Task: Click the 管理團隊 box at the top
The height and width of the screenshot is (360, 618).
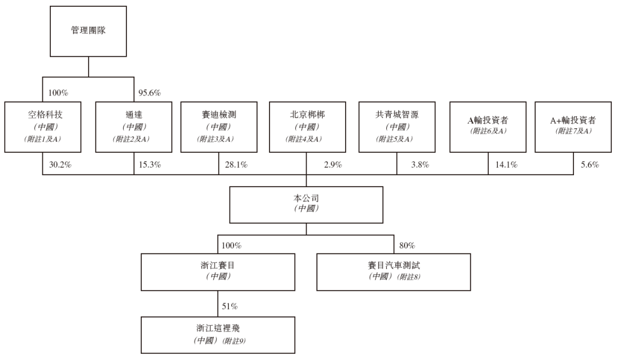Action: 88,31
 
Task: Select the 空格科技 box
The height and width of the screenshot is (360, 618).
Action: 43,127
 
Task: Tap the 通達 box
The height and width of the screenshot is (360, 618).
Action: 133,127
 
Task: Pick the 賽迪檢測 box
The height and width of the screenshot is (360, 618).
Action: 219,127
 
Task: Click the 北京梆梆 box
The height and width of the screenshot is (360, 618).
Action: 307,127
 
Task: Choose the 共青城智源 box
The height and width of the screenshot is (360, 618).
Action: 397,127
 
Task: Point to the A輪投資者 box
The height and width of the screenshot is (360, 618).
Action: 488,127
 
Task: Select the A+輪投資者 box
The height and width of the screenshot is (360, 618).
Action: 573,127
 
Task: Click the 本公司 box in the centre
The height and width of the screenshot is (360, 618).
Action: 306,205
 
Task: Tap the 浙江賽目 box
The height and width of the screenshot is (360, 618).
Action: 218,272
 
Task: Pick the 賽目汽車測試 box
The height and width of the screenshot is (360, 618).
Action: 394,272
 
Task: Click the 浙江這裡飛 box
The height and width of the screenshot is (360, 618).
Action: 218,335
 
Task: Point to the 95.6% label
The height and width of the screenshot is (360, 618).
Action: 149,93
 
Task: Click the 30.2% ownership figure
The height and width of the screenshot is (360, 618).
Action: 60,164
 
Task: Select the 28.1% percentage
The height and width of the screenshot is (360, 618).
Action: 236,164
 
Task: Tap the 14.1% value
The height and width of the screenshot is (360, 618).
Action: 506,164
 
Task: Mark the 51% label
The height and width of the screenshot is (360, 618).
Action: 230,306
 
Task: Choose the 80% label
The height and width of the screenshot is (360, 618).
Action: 407,246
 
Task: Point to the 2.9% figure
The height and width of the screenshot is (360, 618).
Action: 333,164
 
